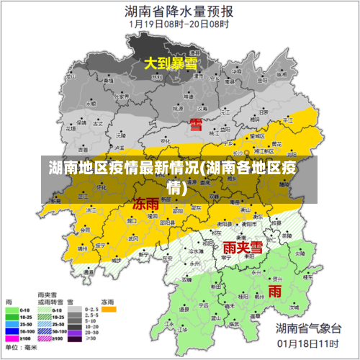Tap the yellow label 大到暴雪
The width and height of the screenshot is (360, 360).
point(171,63)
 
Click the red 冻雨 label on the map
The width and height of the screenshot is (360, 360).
point(146,204)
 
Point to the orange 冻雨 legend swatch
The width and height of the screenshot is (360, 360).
point(109,310)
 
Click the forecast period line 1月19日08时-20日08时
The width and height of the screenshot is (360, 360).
point(179,23)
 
